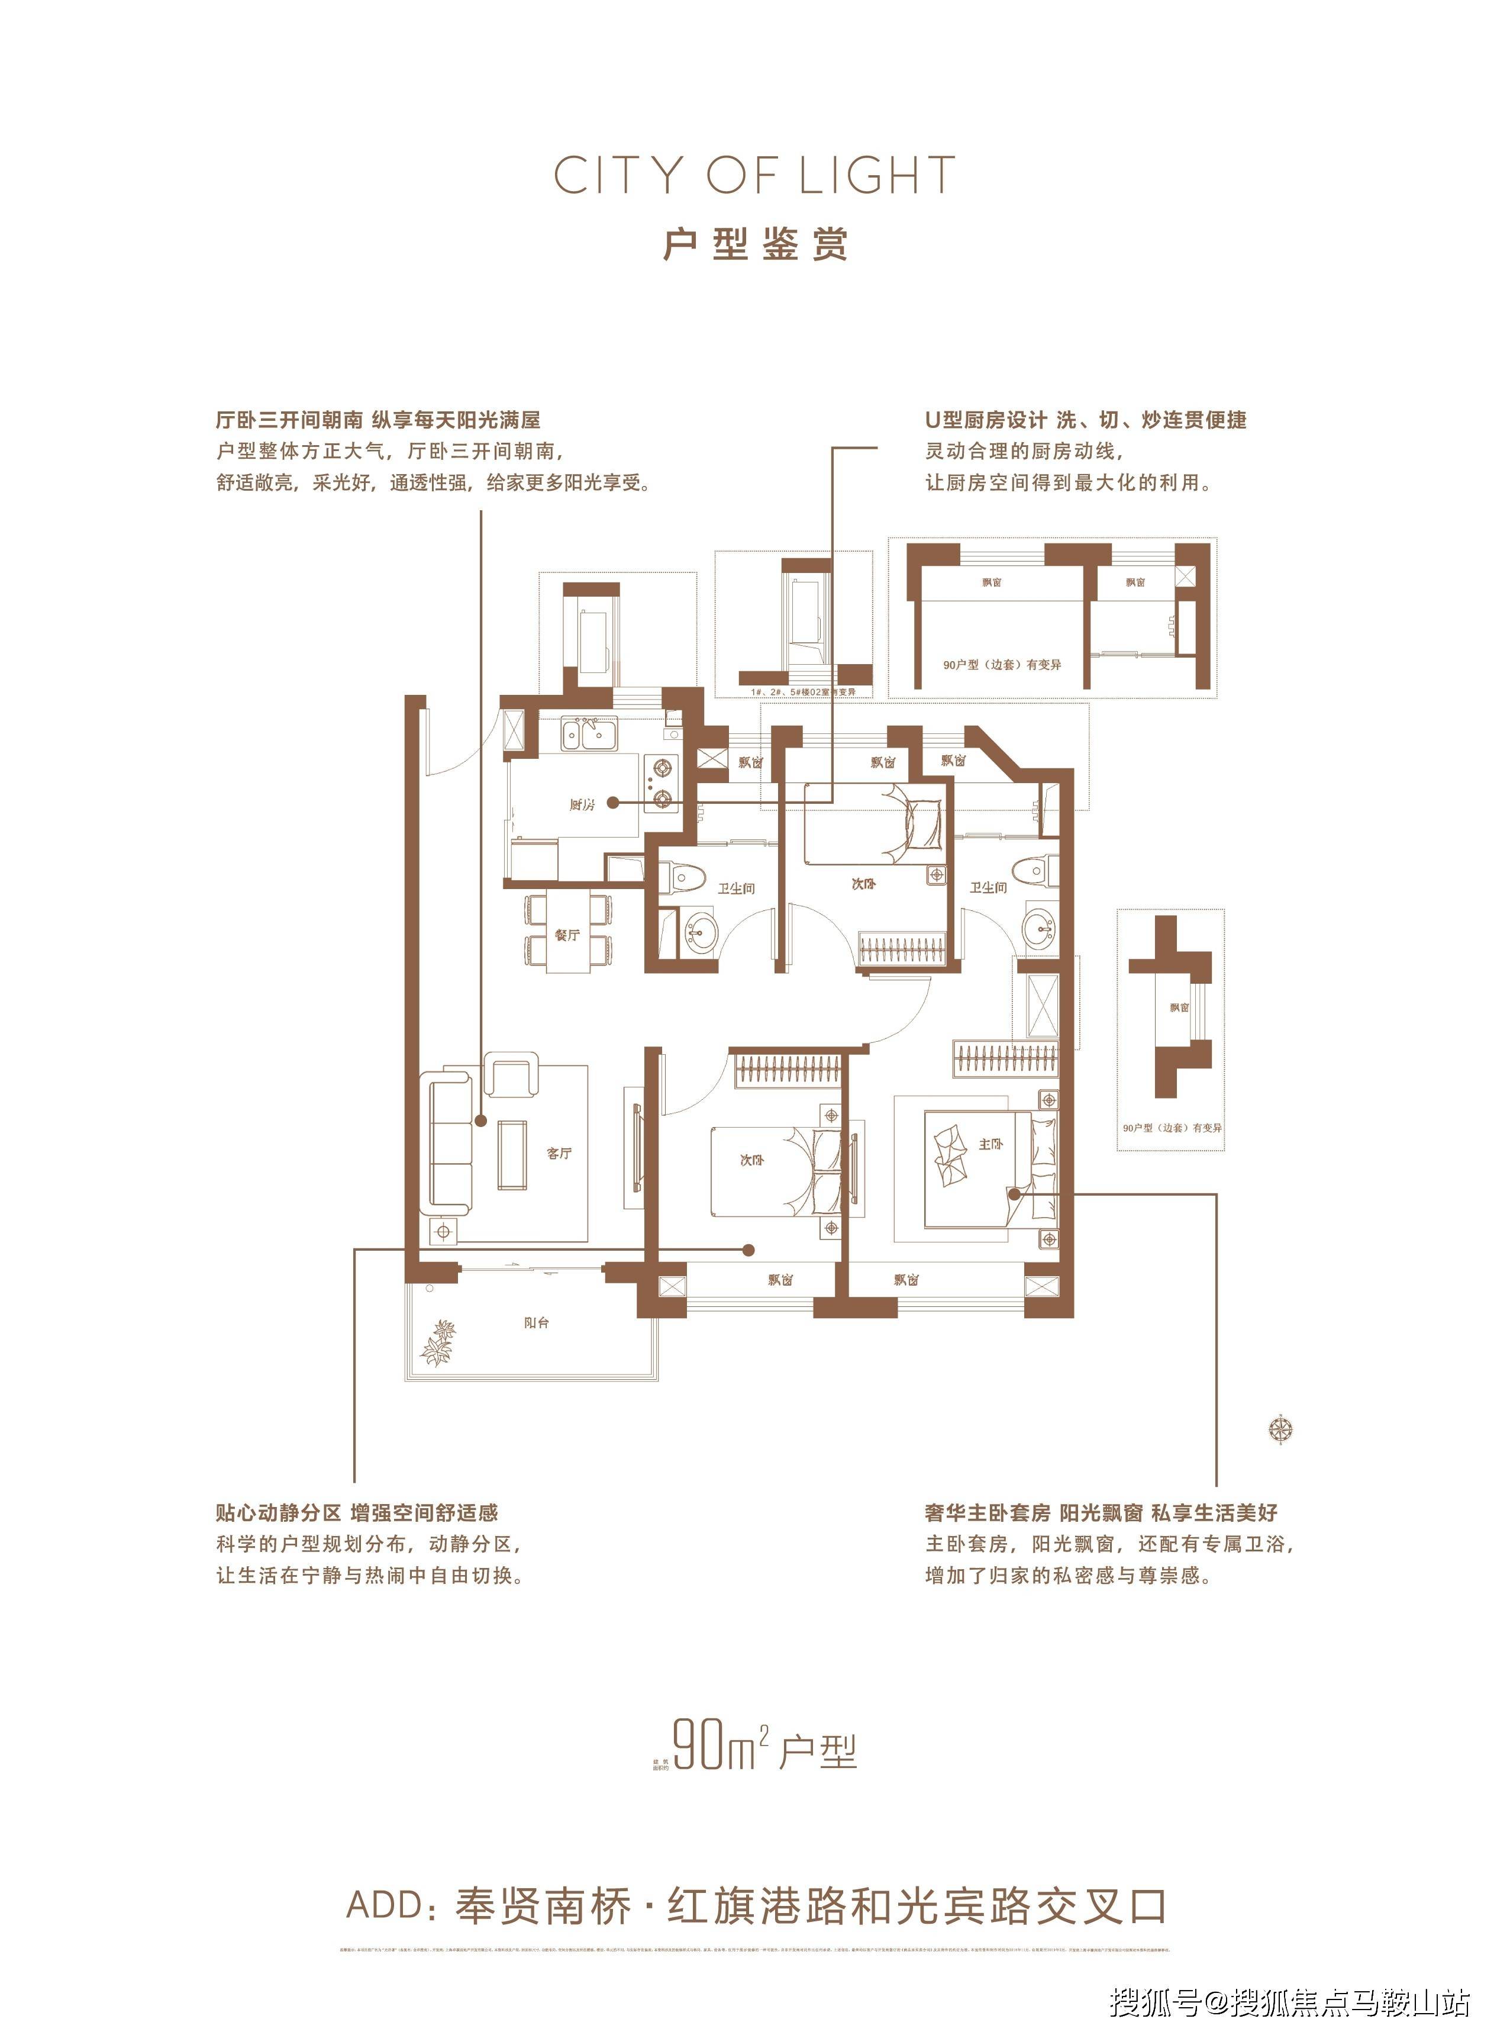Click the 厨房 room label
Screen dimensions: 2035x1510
582,804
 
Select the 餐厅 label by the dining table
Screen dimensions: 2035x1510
567,935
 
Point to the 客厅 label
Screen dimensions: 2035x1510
559,1153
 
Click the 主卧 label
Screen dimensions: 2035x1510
991,1144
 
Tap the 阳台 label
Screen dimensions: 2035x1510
537,1323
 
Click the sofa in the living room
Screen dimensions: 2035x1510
449,1144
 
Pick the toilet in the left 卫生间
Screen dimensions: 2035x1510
686,880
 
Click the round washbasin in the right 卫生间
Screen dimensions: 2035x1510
1039,930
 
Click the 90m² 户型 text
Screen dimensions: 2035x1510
764,1747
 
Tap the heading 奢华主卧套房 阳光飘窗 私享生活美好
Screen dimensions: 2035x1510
1101,1513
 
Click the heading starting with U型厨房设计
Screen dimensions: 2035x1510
1086,420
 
